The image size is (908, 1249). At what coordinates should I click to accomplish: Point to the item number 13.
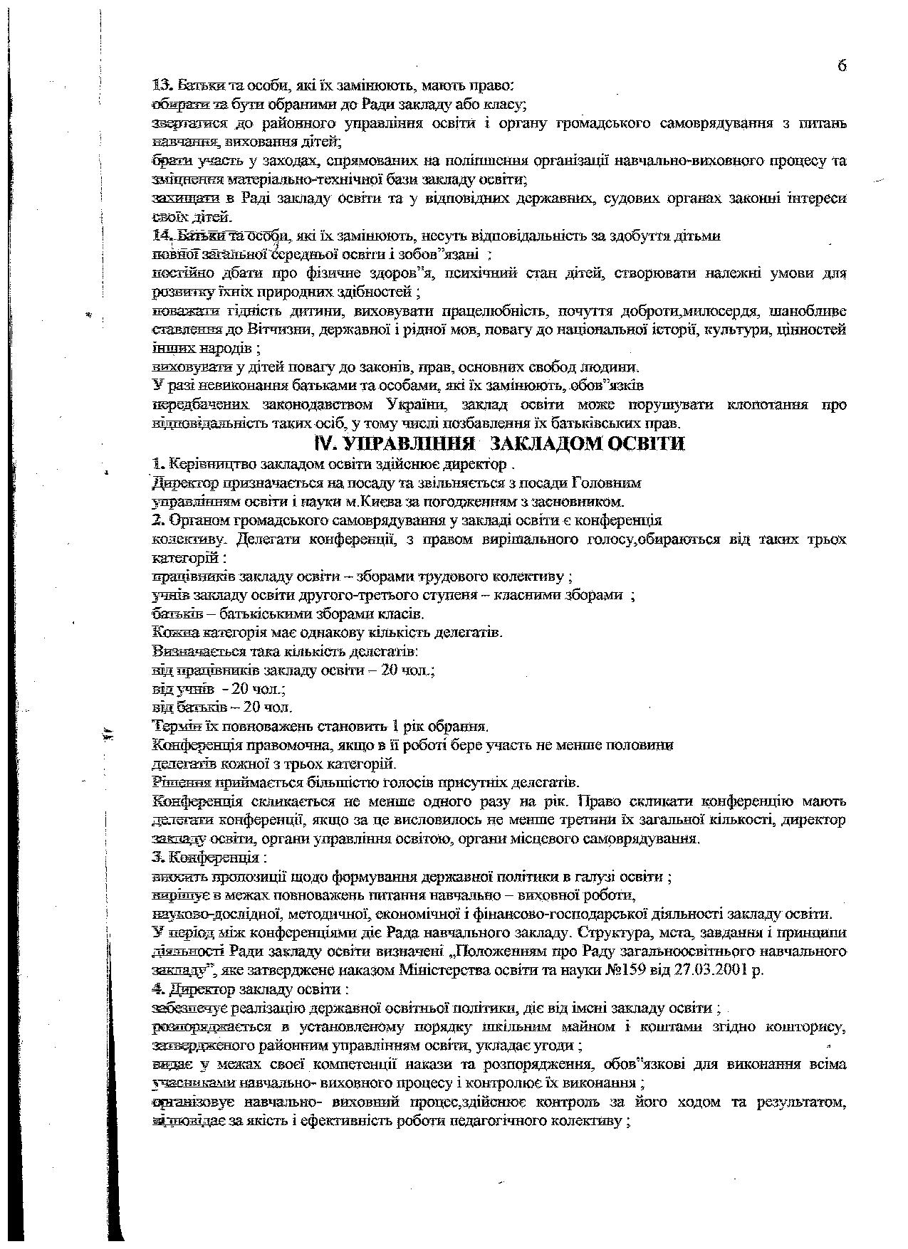coord(163,86)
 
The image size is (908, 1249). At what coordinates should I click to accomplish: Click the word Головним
coord(607,483)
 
